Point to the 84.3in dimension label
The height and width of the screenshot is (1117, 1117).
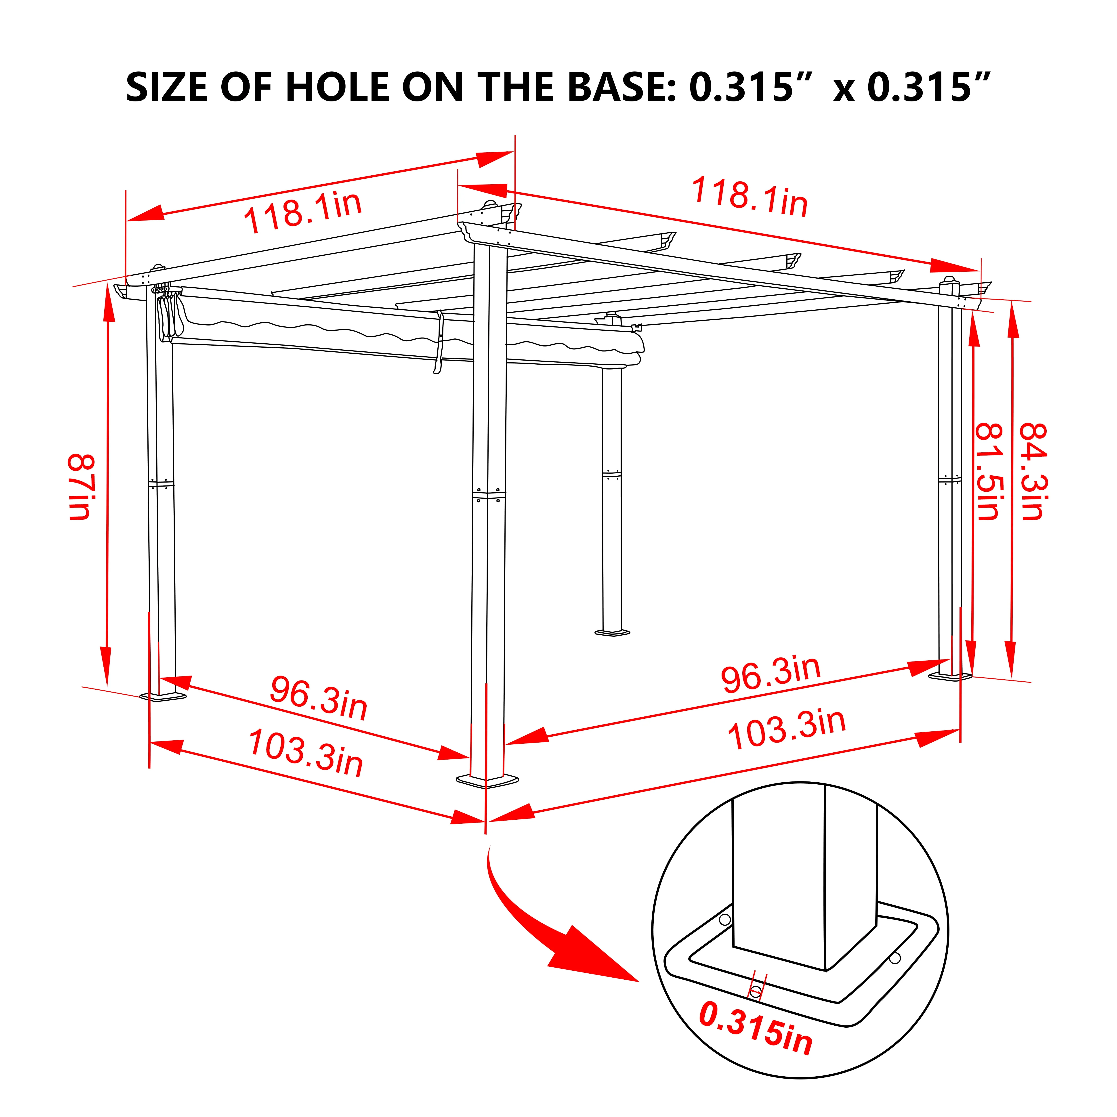(1031, 471)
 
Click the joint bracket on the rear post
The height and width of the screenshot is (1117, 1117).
(612, 475)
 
